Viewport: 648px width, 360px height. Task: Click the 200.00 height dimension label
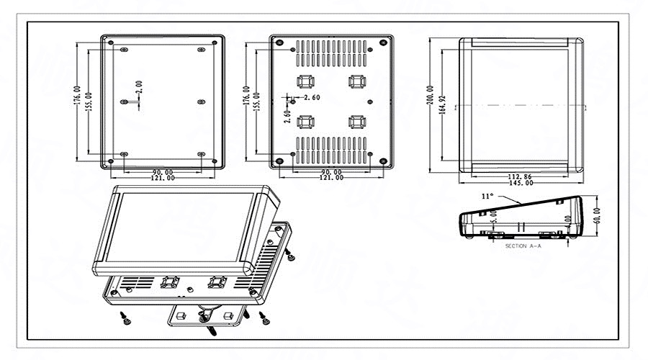431,104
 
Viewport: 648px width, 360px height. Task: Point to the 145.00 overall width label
521,184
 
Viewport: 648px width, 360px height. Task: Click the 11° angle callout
487,196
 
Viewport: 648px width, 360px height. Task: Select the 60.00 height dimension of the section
595,216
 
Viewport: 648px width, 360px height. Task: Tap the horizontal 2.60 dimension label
312,97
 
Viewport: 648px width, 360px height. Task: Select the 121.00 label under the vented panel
331,179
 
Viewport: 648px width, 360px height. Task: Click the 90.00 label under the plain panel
163,172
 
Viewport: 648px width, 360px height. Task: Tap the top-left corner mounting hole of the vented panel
278,42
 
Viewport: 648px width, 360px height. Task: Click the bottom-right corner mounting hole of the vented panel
383,161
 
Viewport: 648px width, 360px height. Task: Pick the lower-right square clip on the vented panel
356,121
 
